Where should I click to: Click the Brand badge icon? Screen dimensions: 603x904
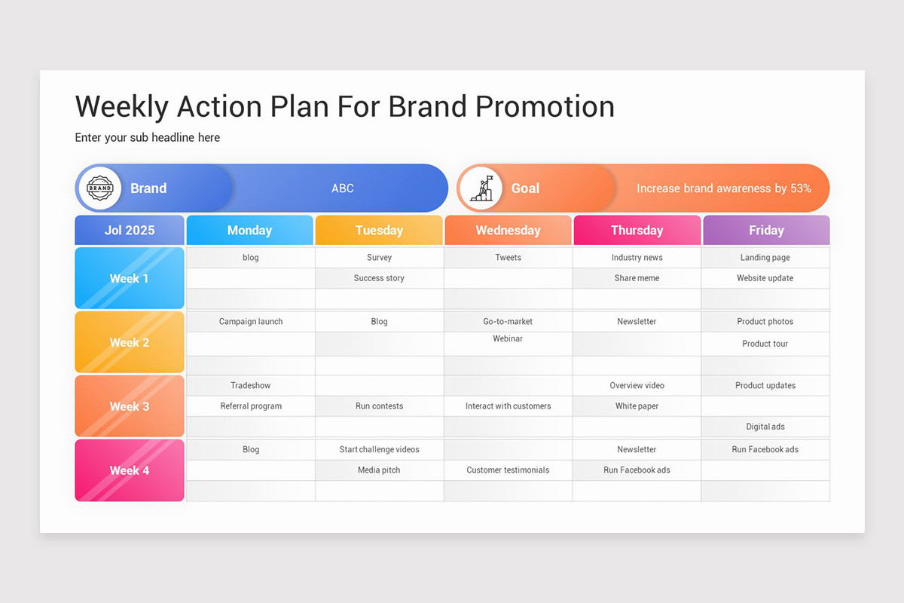(99, 188)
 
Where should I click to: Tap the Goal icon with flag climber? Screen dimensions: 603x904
(481, 188)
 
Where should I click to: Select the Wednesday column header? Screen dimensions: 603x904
(508, 231)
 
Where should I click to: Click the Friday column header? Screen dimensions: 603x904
(766, 231)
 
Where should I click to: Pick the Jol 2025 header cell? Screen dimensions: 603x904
(130, 231)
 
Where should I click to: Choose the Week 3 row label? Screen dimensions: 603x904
(130, 406)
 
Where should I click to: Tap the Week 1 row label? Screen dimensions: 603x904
(130, 278)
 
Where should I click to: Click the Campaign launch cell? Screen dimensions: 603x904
(251, 322)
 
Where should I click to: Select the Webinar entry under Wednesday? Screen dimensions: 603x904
(508, 339)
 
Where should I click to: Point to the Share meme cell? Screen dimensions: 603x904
(637, 278)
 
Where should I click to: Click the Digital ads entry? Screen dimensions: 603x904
(765, 427)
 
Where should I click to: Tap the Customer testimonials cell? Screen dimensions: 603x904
(508, 470)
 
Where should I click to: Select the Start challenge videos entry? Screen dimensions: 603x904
(379, 450)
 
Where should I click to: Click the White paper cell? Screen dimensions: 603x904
(637, 406)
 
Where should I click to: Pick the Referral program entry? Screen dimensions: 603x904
(251, 406)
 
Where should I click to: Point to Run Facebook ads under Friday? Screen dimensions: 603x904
(765, 450)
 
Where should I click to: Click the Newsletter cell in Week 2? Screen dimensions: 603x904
(637, 322)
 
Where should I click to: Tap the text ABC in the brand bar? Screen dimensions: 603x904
(343, 188)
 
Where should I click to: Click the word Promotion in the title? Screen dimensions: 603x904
(545, 106)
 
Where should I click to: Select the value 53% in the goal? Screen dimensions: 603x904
(800, 188)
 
